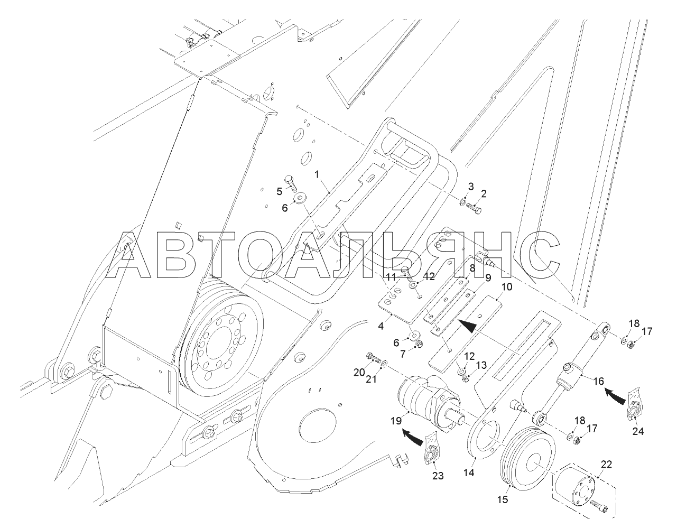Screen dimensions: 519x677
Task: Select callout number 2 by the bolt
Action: coord(483,194)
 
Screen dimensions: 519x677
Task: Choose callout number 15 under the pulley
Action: coord(505,499)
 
